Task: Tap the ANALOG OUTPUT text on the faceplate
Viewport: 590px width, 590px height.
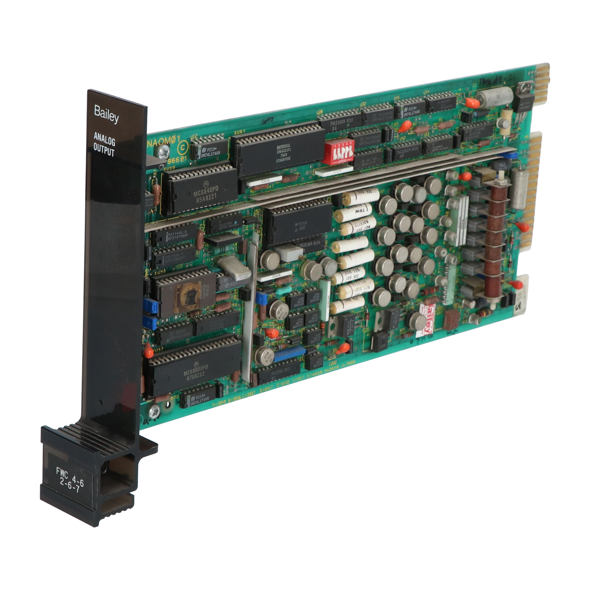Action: point(104,144)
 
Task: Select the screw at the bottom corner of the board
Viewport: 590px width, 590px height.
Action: point(155,411)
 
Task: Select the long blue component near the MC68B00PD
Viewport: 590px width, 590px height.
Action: point(290,354)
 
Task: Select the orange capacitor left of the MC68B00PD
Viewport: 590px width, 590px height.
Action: point(148,351)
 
